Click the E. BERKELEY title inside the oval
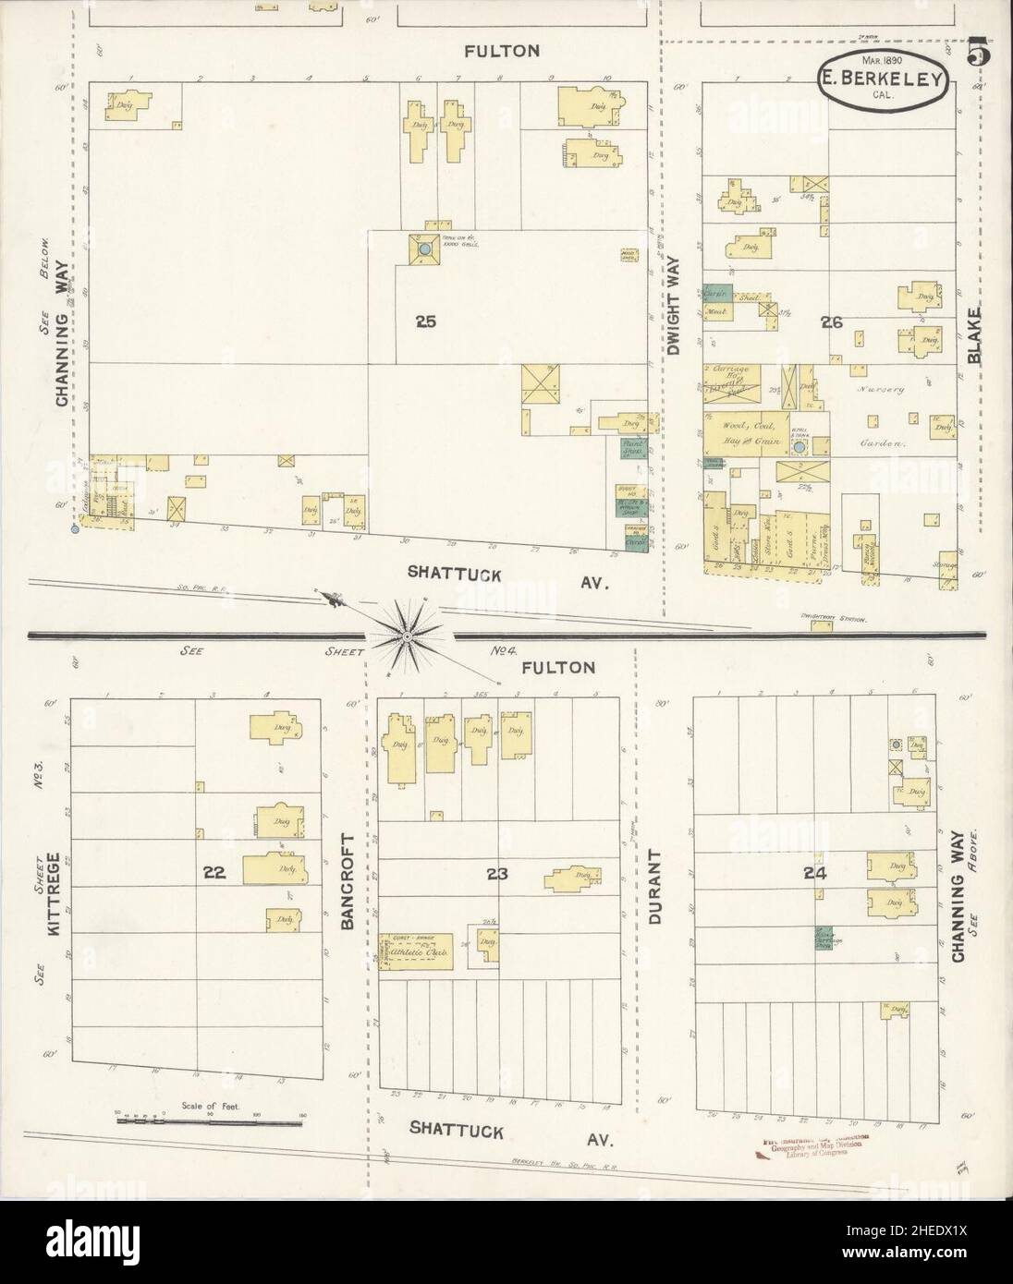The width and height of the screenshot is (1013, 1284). click(881, 79)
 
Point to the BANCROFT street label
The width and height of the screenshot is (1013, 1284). click(348, 880)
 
